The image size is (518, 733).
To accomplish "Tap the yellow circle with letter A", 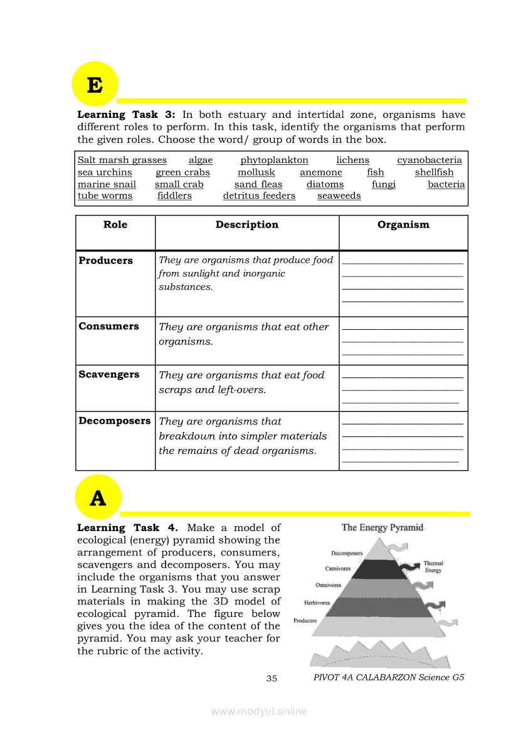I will [x=98, y=498].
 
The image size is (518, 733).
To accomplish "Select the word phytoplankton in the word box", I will [x=274, y=161].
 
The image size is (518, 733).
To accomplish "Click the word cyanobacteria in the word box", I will [x=429, y=161].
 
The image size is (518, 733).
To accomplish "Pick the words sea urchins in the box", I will [x=105, y=172].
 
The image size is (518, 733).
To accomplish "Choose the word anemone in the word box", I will [x=320, y=172].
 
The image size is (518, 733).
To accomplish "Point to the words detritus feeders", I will [x=259, y=196].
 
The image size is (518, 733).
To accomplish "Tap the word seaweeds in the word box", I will [x=339, y=196].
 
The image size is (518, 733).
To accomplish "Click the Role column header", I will [x=115, y=224].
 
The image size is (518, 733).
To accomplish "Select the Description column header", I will [x=246, y=224].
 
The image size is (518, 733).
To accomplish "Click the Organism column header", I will [x=403, y=224].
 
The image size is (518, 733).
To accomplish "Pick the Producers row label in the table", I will [x=105, y=261].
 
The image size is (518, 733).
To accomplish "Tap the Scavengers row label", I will [x=108, y=374].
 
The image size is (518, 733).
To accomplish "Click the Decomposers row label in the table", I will [x=114, y=421].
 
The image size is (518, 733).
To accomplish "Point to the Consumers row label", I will [x=108, y=326].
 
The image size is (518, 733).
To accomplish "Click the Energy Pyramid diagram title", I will [x=382, y=527].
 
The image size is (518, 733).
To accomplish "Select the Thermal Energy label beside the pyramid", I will [x=433, y=567].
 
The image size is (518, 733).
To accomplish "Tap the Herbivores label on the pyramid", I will [x=317, y=603].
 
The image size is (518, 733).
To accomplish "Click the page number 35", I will [x=272, y=678].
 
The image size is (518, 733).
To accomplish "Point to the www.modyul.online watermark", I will [x=259, y=711].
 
